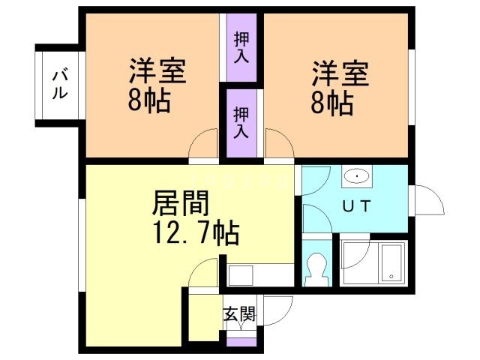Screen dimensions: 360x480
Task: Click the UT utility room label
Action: [355, 207]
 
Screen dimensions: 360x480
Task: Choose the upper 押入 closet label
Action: [241, 46]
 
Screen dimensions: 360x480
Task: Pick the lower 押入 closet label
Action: [241, 123]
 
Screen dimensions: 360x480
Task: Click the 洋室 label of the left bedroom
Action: [157, 73]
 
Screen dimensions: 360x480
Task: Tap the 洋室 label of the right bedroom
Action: [340, 75]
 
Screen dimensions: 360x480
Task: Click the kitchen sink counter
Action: [259, 274]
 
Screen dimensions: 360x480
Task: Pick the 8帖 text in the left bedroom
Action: [148, 102]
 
